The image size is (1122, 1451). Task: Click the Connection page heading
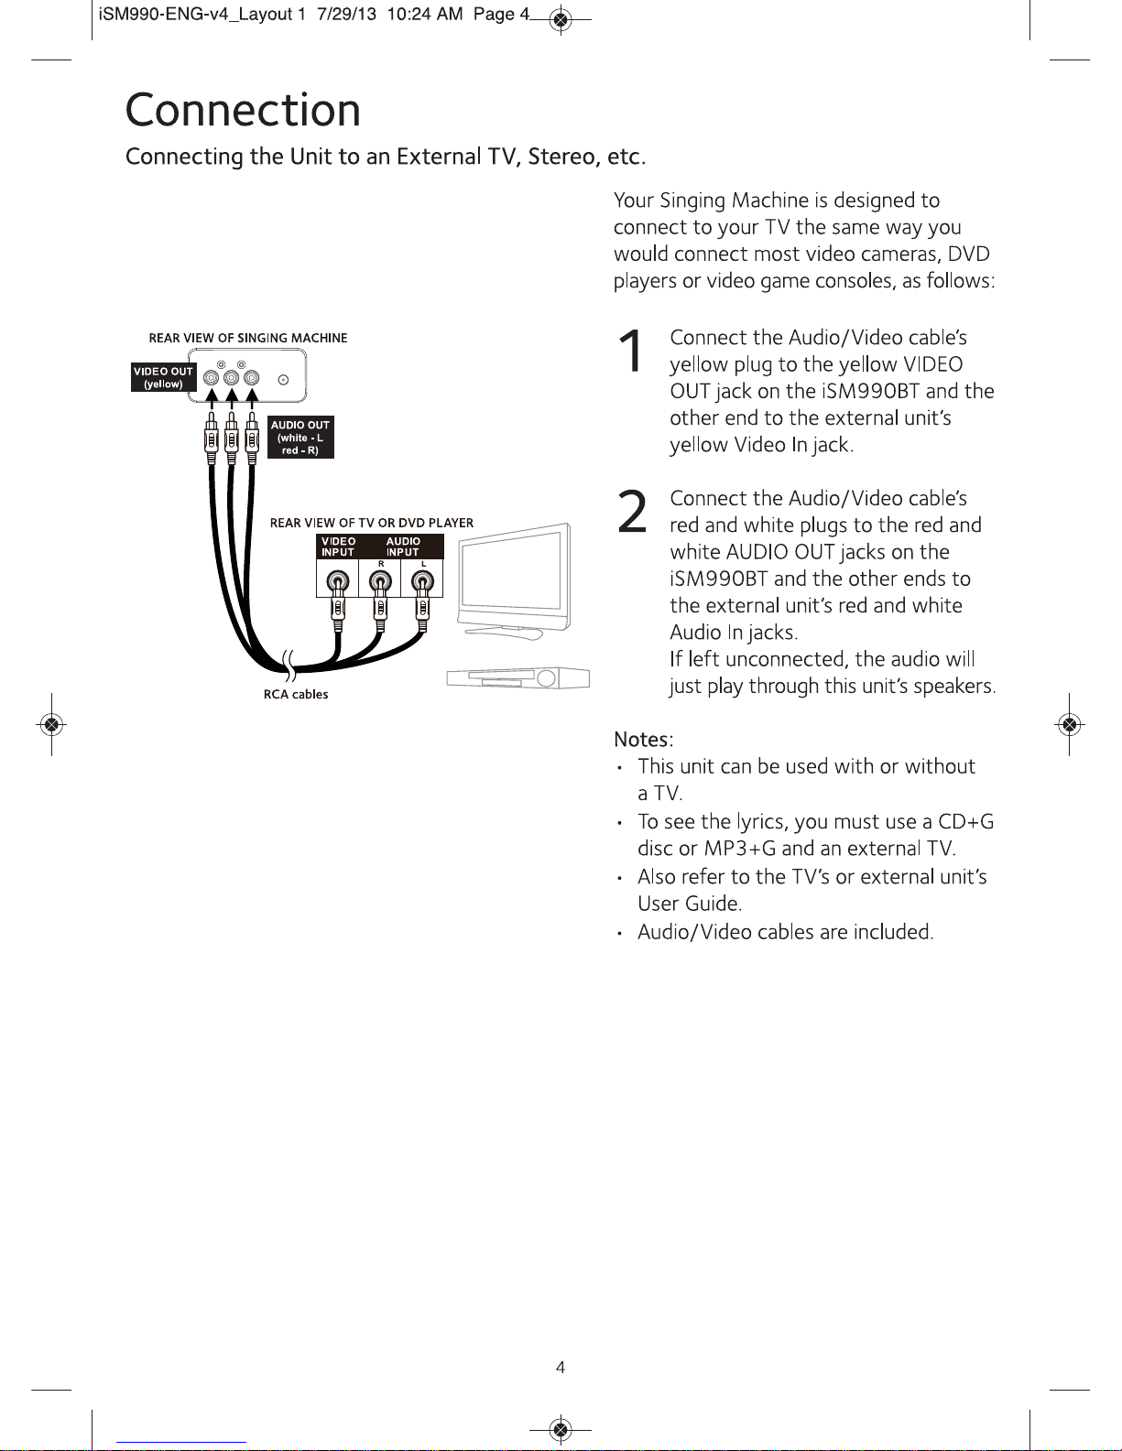point(243,110)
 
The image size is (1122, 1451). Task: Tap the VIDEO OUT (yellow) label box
point(164,377)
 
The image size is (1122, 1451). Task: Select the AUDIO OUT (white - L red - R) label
point(300,438)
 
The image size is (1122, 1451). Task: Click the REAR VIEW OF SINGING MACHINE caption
point(248,338)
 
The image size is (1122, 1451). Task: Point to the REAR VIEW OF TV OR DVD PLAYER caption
point(371,523)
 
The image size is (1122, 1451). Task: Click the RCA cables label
point(296,695)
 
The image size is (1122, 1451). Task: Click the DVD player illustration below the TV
point(518,677)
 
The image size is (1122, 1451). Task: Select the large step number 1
point(630,352)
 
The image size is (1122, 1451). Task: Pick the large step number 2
point(633,512)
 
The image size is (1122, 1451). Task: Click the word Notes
point(641,739)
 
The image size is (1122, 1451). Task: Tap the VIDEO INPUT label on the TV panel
point(338,547)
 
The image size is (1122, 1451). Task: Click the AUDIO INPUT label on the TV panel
point(403,547)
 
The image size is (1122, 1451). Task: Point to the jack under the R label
point(380,581)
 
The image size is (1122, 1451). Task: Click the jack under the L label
point(422,581)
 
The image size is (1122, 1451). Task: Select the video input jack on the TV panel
point(338,581)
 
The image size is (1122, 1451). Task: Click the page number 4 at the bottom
point(561,1368)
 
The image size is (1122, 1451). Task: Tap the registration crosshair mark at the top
point(561,20)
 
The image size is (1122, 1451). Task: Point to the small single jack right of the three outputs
point(283,380)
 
